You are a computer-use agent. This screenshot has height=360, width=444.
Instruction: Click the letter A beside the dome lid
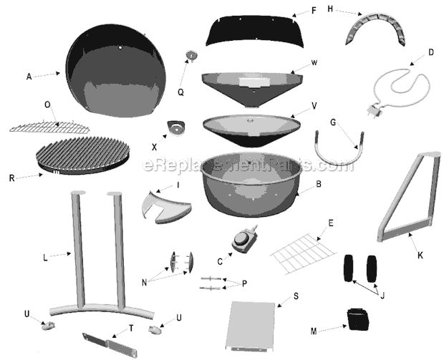pos(29,77)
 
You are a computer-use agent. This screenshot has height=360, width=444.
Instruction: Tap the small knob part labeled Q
pos(191,55)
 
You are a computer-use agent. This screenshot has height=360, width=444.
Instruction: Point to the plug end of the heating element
pos(374,112)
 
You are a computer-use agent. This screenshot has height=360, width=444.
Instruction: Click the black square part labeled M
pos(358,319)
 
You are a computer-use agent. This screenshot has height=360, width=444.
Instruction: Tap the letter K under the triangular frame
pos(420,256)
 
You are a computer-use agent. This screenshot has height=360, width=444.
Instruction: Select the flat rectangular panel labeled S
pos(251,326)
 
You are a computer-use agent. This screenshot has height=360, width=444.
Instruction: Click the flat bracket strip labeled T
pos(110,345)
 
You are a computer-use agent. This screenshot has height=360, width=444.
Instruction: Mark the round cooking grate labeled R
pos(82,155)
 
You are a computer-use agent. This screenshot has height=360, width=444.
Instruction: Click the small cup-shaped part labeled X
pos(176,127)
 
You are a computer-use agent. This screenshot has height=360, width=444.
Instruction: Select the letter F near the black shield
pos(314,11)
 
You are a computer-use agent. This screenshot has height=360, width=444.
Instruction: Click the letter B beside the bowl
pos(319,184)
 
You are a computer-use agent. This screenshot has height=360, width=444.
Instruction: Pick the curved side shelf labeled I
pos(165,208)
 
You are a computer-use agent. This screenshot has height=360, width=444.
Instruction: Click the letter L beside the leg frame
pos(44,258)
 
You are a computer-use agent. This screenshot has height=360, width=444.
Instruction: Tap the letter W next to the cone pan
pos(314,63)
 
